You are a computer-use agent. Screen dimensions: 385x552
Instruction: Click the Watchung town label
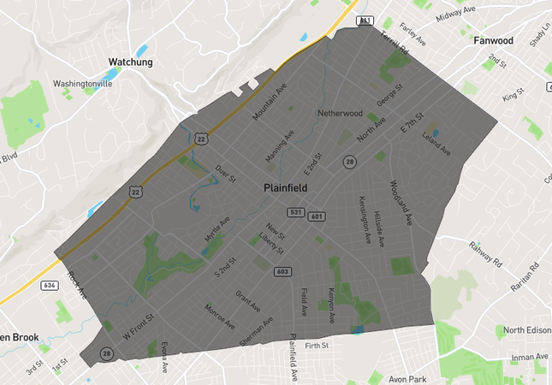130,62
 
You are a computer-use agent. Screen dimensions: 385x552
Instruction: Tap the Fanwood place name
493,40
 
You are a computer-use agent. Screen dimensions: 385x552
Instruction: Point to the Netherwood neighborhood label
340,113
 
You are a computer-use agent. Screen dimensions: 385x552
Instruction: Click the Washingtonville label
82,84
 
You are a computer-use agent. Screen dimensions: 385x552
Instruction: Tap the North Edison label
526,330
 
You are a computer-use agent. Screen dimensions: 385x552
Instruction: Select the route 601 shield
317,216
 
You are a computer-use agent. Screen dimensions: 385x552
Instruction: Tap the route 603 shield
282,271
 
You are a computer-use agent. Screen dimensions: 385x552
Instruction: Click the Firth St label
317,345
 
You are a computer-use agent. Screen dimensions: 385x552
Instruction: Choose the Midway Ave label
455,14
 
